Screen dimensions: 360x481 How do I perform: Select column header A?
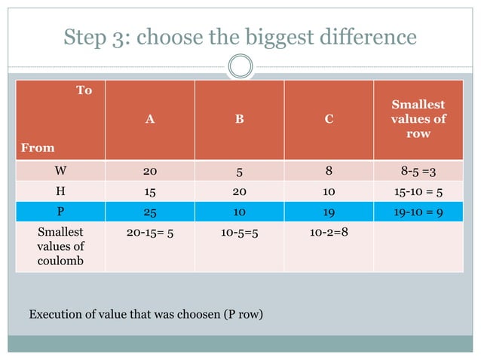(x=150, y=119)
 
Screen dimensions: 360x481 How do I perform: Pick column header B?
(x=239, y=119)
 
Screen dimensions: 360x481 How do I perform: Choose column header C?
(x=329, y=119)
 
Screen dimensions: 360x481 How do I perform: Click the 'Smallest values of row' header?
(x=418, y=119)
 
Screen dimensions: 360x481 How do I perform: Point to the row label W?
(x=60, y=170)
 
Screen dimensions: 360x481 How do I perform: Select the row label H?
(x=60, y=191)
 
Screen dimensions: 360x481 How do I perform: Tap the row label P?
(x=60, y=212)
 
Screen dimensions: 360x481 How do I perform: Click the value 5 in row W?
(x=239, y=170)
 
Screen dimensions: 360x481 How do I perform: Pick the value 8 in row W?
(x=329, y=170)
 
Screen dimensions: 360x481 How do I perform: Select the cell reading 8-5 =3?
(x=418, y=170)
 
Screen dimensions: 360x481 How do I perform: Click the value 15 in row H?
(x=150, y=191)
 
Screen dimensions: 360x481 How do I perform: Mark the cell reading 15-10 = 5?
(x=418, y=191)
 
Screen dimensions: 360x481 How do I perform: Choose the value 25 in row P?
(x=150, y=212)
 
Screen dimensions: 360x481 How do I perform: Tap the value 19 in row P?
(x=329, y=212)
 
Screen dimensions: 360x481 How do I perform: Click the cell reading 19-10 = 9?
(x=418, y=212)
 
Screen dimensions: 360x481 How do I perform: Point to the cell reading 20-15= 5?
(x=150, y=233)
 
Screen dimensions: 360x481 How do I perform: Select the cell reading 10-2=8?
(x=329, y=233)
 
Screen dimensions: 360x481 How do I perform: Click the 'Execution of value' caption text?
(x=146, y=313)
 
